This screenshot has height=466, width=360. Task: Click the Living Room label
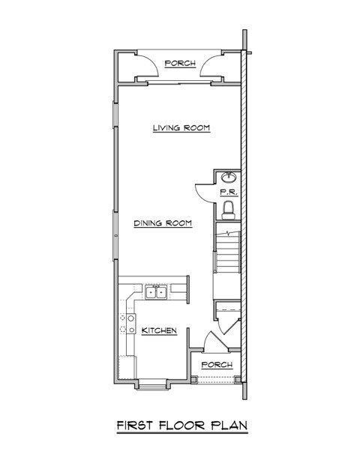[180, 128]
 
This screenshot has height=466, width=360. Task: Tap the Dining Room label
[163, 223]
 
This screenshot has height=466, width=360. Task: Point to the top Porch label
[181, 64]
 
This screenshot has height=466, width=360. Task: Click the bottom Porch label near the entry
[217, 365]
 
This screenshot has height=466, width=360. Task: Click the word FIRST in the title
[135, 425]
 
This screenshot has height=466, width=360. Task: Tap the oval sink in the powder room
[229, 178]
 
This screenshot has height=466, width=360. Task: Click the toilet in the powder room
[230, 207]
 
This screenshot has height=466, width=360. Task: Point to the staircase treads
[226, 250]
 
